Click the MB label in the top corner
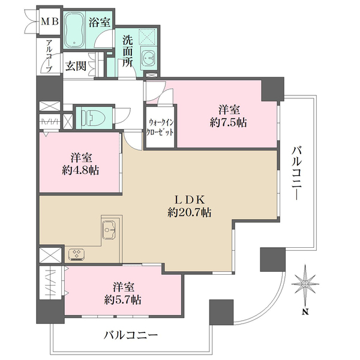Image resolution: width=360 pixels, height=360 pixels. [49, 22]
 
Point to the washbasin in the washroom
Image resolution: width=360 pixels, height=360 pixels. [148, 59]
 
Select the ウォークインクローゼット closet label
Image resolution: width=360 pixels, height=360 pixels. [158, 128]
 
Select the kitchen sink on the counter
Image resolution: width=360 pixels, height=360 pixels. [109, 230]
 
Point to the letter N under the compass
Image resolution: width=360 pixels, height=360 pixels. [305, 311]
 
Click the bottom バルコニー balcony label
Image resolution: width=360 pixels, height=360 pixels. [130, 334]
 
